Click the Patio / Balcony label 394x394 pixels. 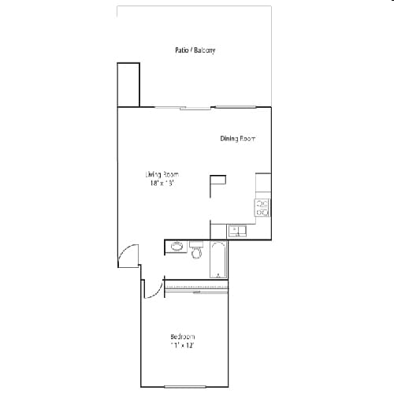tap(195, 50)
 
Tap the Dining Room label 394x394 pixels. tap(238, 139)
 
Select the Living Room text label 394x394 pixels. tap(162, 174)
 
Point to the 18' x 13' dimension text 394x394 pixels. tap(162, 183)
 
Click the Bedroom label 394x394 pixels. tap(183, 336)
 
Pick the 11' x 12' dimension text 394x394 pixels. tap(183, 345)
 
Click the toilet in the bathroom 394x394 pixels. tap(196, 252)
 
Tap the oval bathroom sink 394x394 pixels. tap(177, 246)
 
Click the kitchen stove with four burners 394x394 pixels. tap(262, 207)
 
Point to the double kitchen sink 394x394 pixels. tap(237, 231)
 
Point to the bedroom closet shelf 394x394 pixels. tap(196, 286)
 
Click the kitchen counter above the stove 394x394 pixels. tap(263, 185)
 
